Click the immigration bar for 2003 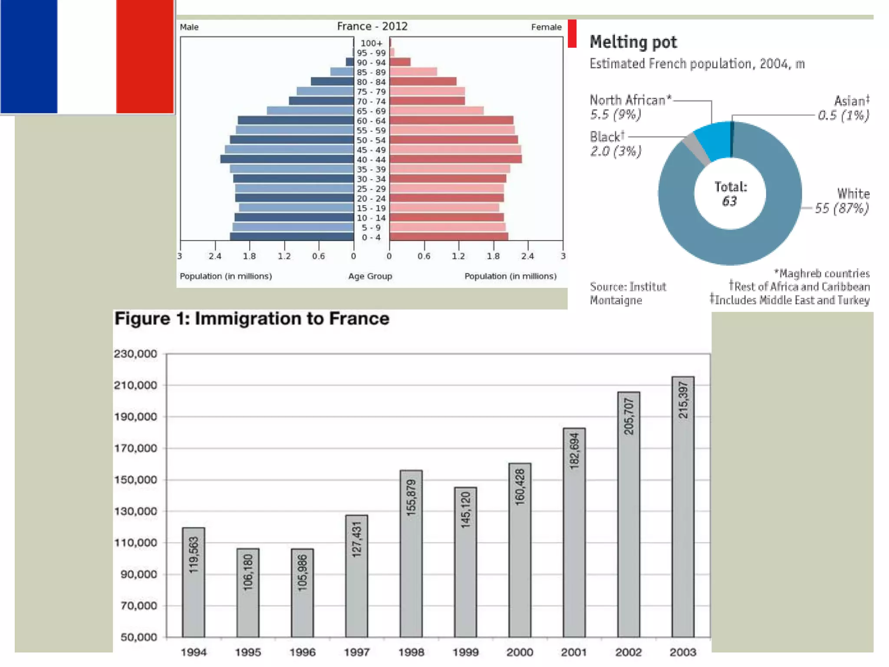click(683, 508)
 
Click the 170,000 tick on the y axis click(135, 448)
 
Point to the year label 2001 click(574, 652)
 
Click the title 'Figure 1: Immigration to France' click(252, 319)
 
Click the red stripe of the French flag click(145, 56)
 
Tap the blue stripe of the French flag click(29, 56)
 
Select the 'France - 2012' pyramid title click(372, 26)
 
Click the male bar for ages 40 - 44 click(287, 159)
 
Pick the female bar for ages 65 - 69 click(436, 111)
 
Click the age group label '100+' click(371, 43)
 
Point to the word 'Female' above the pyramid click(546, 27)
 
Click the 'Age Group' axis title click(370, 276)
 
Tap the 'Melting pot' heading click(633, 42)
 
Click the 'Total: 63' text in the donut click(730, 194)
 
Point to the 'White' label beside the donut click(853, 194)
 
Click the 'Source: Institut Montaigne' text click(627, 294)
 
